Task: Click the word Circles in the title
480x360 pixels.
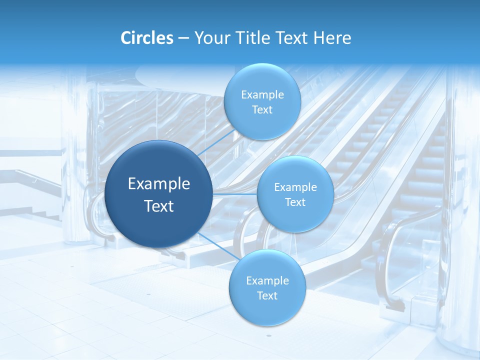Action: click(x=147, y=38)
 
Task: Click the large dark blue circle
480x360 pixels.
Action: click(x=159, y=165)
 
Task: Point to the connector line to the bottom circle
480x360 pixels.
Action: click(x=217, y=245)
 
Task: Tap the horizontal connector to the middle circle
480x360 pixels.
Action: click(x=235, y=193)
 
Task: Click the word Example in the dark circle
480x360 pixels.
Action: click(x=159, y=184)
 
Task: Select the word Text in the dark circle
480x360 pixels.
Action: click(x=159, y=206)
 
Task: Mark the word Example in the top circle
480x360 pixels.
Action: click(x=262, y=95)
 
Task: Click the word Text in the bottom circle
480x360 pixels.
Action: click(x=267, y=296)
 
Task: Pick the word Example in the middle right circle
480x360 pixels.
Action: click(x=295, y=187)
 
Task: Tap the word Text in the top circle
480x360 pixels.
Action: click(x=262, y=110)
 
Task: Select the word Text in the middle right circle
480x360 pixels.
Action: click(x=295, y=202)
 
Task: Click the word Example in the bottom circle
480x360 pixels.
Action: click(x=267, y=281)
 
